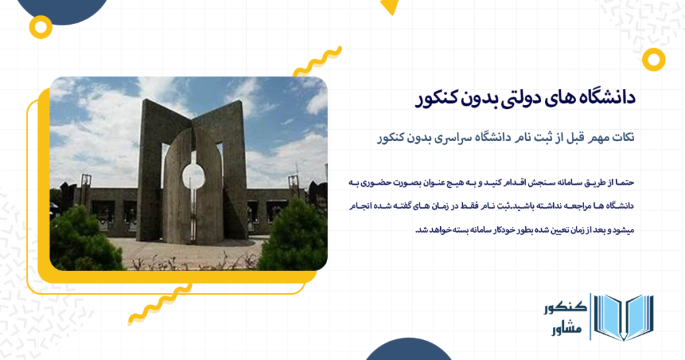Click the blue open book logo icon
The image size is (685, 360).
(623, 317)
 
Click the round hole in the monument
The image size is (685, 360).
(193, 175)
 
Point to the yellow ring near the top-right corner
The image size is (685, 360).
(653, 59)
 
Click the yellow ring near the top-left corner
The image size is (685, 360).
(41, 27)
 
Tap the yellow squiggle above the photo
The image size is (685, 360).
(317, 61)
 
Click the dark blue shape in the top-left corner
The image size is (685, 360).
(64, 8)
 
